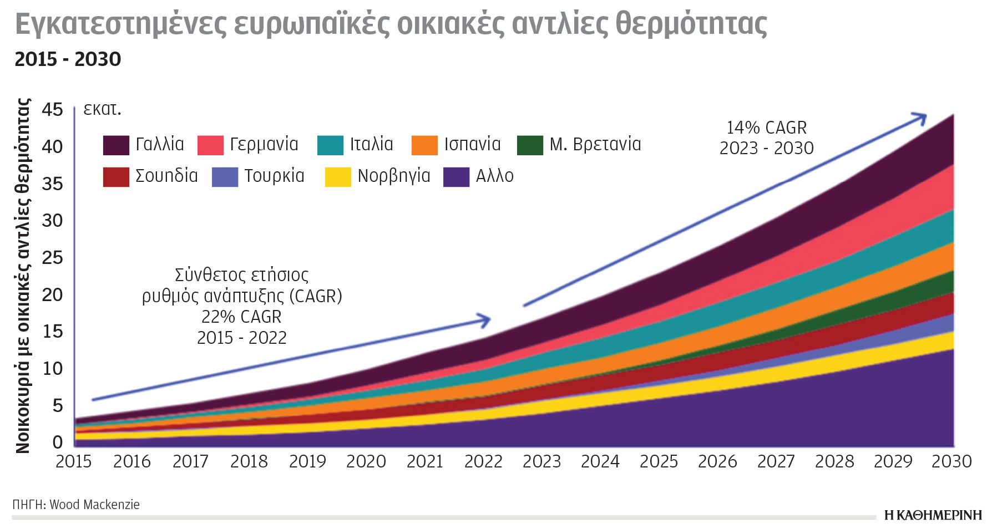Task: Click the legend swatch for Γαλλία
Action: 116,145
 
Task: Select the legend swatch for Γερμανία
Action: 210,145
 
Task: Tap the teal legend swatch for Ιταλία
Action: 330,145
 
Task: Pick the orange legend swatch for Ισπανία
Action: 424,145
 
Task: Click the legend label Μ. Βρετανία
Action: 595,144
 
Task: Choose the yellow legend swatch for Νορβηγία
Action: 338,177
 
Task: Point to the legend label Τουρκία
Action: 274,176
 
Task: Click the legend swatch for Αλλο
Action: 456,177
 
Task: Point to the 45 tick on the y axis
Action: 53,109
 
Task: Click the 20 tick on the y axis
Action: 53,294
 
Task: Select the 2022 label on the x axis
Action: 483,461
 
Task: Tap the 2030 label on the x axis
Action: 951,461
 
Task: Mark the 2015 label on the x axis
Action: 74,461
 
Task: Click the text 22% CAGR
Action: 241,317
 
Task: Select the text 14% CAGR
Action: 766,128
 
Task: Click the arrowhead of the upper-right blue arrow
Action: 921,118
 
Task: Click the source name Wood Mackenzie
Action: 94,505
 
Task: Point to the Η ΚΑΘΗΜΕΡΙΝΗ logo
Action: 933,515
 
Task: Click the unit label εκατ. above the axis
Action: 102,109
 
